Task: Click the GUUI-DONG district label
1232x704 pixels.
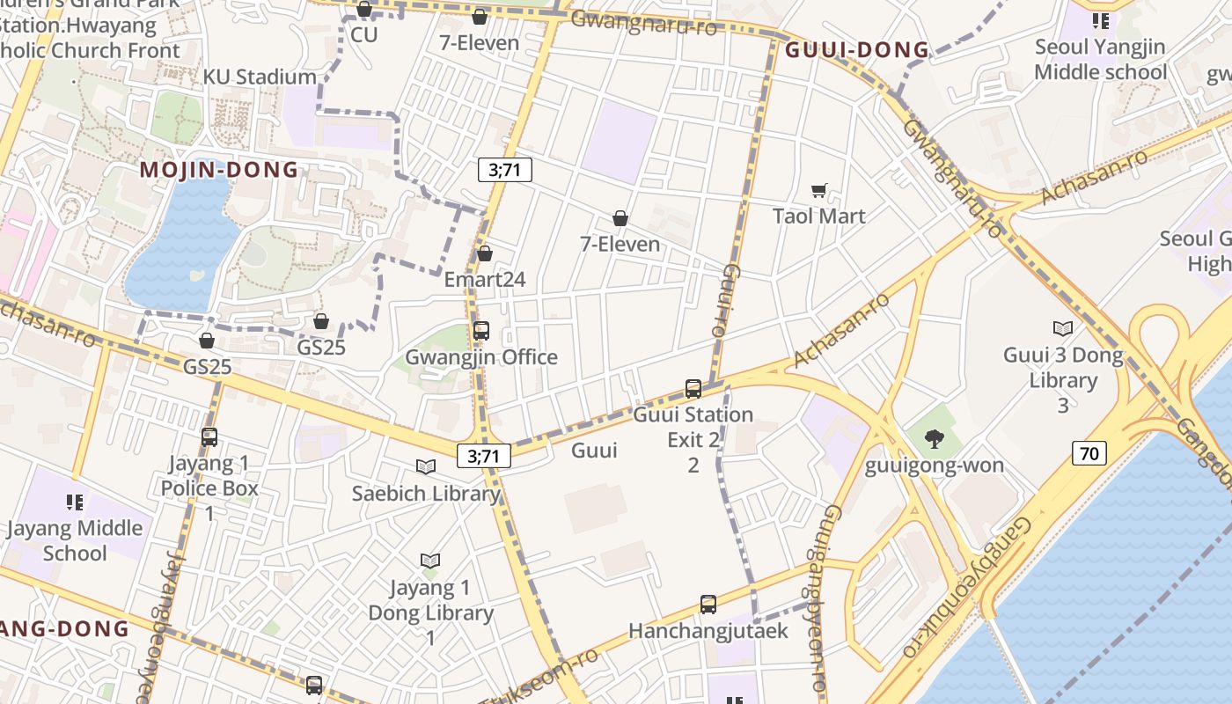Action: coord(856,50)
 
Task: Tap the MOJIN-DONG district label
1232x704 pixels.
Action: coord(219,170)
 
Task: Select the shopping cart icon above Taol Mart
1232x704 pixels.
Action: coord(819,190)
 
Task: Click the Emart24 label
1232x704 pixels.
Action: coord(485,280)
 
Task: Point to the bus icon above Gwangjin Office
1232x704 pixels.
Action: coord(481,331)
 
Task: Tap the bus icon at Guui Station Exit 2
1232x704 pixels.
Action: coord(693,388)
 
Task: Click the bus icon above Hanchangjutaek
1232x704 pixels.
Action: coord(708,605)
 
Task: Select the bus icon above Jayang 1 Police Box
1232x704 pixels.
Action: coord(209,436)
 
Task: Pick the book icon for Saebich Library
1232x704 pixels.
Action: coord(426,467)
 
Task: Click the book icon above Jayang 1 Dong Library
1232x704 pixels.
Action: coord(430,561)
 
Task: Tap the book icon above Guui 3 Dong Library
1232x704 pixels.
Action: coord(1063,328)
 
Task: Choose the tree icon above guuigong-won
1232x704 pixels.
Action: coord(935,438)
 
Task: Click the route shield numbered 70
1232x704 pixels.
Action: coord(1089,453)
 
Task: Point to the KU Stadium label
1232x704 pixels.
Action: coord(260,77)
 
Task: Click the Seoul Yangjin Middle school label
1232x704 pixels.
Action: coord(1100,59)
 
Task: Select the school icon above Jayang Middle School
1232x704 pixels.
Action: coord(75,502)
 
